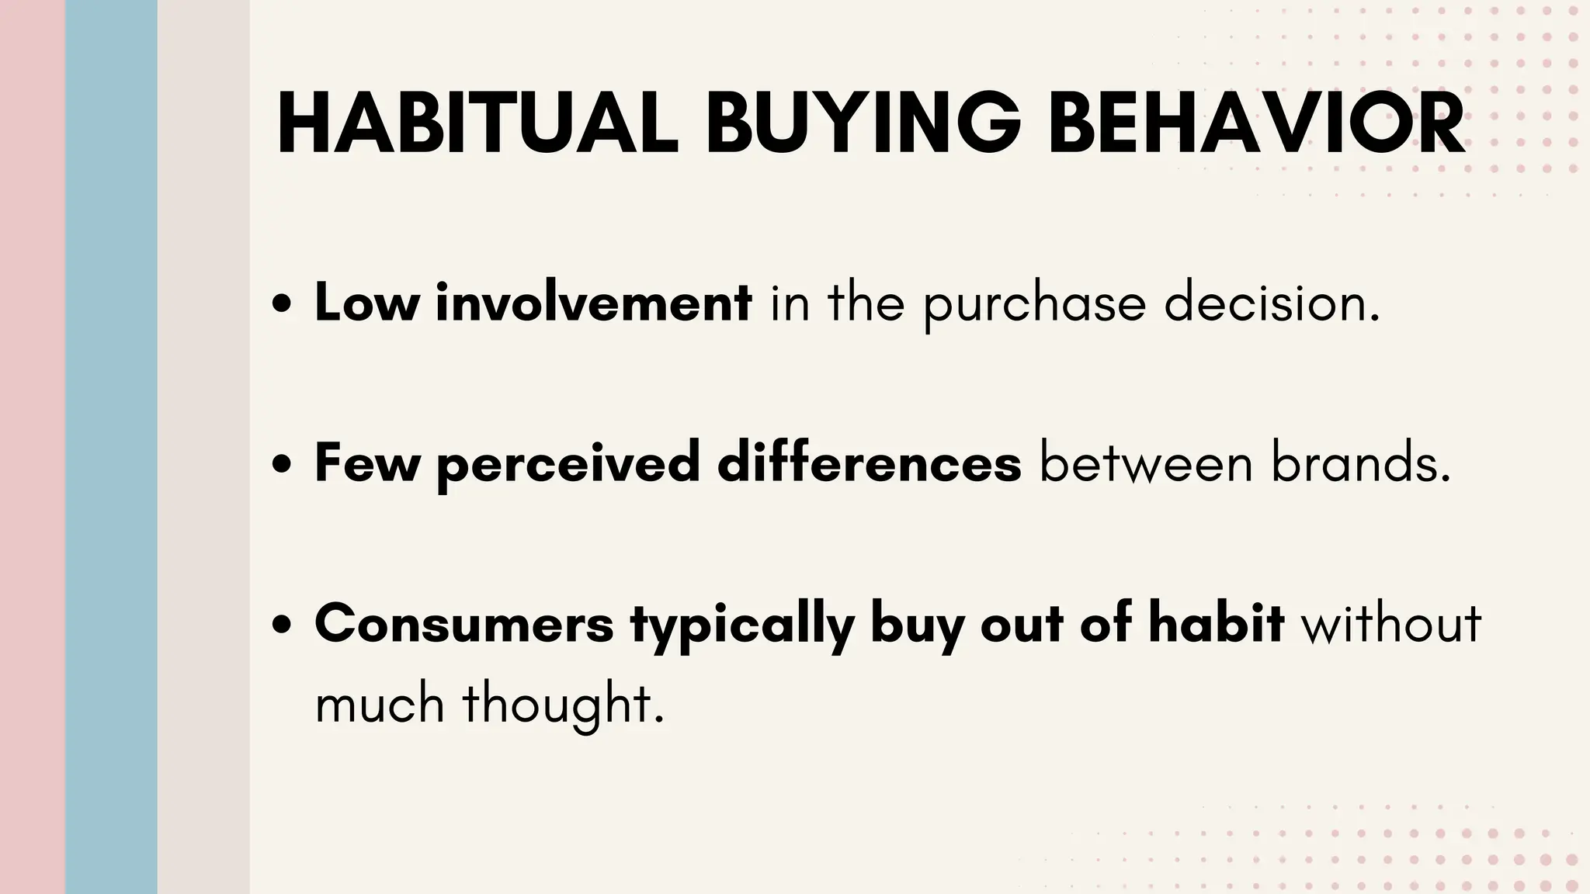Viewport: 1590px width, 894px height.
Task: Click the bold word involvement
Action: pos(593,303)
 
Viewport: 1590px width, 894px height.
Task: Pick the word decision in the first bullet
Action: pos(1272,303)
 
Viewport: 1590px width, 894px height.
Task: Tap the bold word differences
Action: pos(869,463)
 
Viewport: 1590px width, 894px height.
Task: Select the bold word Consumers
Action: pos(464,624)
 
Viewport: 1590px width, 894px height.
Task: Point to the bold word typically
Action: pos(742,625)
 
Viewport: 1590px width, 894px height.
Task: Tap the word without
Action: pos(1391,624)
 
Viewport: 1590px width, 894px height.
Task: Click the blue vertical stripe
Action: pos(111,447)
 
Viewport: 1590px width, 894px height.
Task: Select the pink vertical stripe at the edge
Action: pos(32,447)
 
